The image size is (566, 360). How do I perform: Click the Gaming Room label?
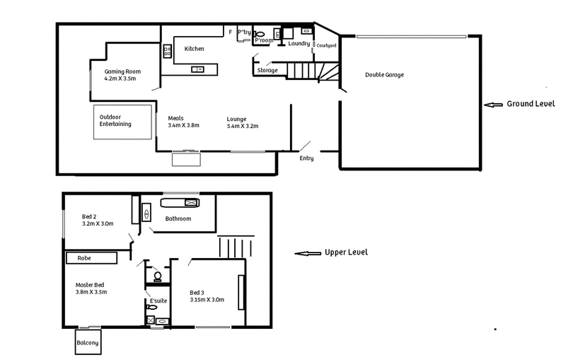(x=122, y=71)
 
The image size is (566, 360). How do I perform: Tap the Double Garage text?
(x=384, y=75)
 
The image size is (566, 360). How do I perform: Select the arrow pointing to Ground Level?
(x=493, y=105)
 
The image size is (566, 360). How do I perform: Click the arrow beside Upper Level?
(x=308, y=253)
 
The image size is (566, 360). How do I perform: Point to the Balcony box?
(x=88, y=342)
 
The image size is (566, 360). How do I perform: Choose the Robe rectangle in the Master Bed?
(x=92, y=258)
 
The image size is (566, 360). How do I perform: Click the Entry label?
(x=306, y=158)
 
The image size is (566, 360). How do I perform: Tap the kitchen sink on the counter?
(x=197, y=69)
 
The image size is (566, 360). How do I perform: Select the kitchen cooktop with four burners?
(x=167, y=51)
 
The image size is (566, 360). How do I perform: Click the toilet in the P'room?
(x=258, y=34)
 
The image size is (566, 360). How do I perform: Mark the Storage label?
(x=267, y=70)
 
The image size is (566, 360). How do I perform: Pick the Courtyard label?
(x=326, y=45)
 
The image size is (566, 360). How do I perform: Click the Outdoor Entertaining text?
(x=115, y=120)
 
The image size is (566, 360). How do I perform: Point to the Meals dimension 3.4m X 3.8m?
(x=183, y=125)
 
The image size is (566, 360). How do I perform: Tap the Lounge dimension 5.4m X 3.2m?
(x=243, y=126)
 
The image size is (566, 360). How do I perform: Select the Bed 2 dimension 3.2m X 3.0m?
(x=98, y=223)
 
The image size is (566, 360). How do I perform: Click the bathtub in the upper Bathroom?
(x=180, y=203)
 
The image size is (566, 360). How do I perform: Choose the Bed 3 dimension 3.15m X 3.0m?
(x=207, y=299)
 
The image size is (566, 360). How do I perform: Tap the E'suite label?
(x=158, y=301)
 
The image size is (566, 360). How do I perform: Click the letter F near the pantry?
(x=231, y=32)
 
